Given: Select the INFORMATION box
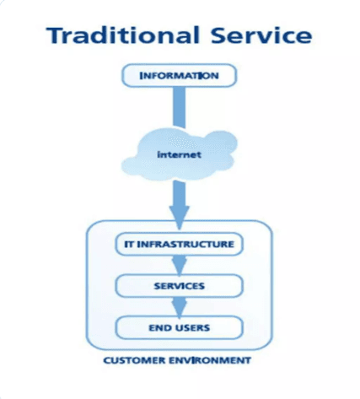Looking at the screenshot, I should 178,76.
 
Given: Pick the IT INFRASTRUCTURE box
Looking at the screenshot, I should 178,245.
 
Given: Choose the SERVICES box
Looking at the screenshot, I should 178,286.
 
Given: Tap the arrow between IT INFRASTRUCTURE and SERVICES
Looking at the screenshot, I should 179,264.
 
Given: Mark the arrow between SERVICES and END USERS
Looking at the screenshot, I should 179,305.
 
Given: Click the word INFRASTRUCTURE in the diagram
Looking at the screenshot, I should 188,245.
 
